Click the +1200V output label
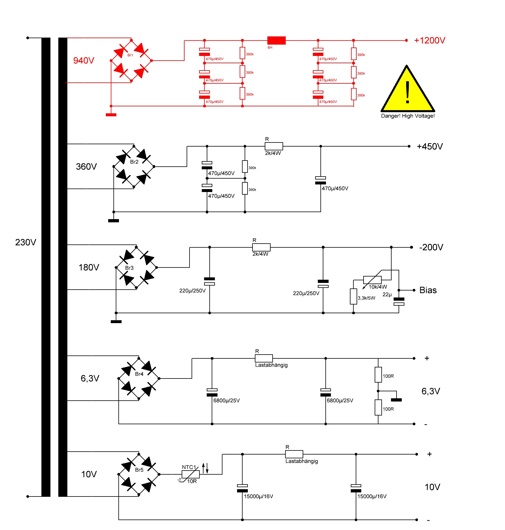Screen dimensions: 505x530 click(x=429, y=40)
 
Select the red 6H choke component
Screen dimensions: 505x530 click(x=276, y=40)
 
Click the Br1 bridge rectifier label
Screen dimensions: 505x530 click(x=130, y=55)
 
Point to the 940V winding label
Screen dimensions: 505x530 click(x=84, y=60)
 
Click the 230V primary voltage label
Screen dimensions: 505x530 click(x=26, y=242)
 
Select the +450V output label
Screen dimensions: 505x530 click(x=430, y=146)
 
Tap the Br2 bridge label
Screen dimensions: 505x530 click(x=134, y=162)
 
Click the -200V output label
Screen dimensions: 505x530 click(x=431, y=247)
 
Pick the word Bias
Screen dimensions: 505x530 click(x=428, y=290)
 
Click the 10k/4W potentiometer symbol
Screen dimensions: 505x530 click(x=372, y=280)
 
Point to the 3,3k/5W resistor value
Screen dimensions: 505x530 click(x=367, y=298)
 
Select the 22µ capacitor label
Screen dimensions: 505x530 click(x=387, y=295)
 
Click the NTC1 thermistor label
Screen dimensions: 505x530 click(x=189, y=467)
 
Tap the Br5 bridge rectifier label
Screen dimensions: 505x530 click(x=139, y=470)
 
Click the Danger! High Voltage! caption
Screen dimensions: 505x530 click(x=408, y=116)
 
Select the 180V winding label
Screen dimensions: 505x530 click(x=89, y=267)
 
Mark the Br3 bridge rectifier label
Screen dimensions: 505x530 click(x=129, y=268)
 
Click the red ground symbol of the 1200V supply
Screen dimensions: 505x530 click(x=111, y=115)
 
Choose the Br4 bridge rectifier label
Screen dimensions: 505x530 click(x=139, y=374)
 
